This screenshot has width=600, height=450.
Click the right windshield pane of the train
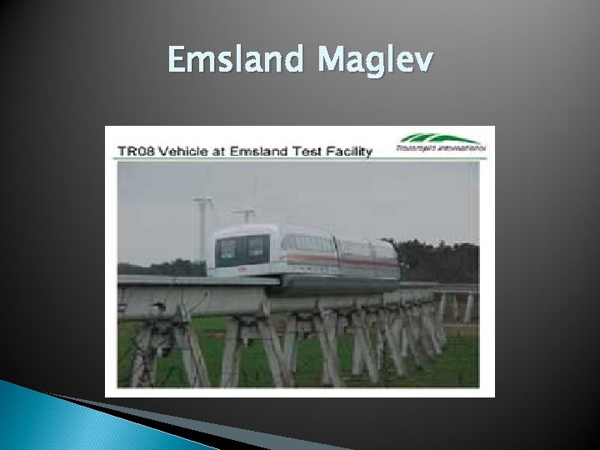(x=257, y=247)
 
